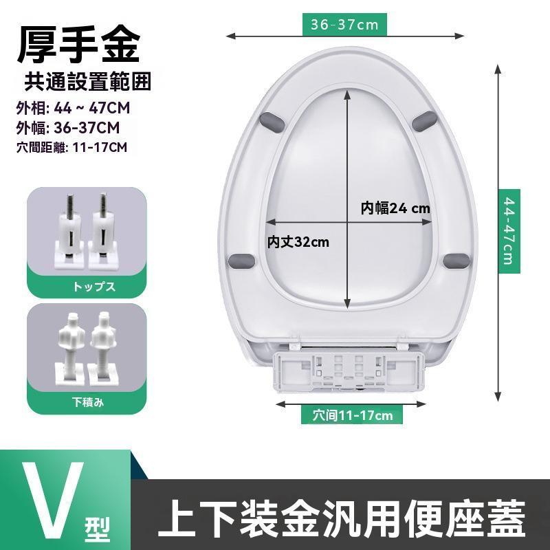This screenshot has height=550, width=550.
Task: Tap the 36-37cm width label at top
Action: click(344, 25)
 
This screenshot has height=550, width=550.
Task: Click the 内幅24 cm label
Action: click(395, 208)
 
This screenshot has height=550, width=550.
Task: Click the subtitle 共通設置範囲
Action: click(87, 82)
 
